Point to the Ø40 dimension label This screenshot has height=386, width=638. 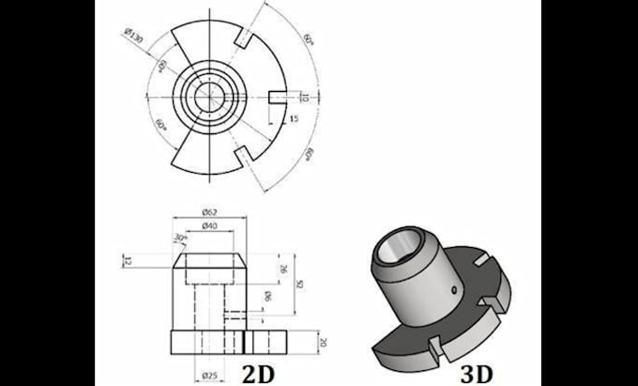coord(210,226)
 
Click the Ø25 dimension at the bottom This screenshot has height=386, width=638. coord(209,376)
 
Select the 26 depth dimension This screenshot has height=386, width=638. coord(282,268)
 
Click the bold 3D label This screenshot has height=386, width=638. coord(478,372)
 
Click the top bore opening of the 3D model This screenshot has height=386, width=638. coord(401,246)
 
